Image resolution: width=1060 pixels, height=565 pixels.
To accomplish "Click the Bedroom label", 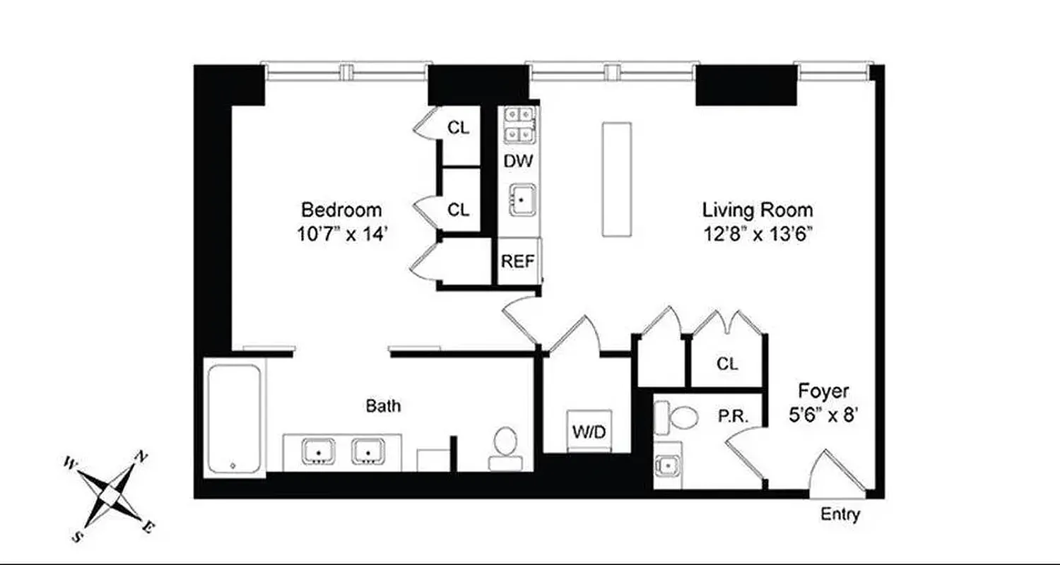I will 341,210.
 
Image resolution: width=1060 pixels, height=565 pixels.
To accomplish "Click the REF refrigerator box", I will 518,261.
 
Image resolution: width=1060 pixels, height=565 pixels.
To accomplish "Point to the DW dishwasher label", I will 518,161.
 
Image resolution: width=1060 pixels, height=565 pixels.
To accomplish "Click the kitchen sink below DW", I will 522,199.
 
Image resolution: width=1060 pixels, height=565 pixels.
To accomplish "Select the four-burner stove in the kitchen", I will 519,124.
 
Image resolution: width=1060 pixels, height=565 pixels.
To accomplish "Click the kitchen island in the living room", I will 616,179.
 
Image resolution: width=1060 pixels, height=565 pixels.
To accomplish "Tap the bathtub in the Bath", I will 234,418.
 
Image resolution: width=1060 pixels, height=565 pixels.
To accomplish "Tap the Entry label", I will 840,514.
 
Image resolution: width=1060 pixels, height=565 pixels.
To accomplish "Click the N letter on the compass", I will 141,457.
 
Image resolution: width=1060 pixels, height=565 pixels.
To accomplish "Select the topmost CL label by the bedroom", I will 459,129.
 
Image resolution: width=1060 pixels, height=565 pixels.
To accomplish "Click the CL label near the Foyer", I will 727,364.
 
